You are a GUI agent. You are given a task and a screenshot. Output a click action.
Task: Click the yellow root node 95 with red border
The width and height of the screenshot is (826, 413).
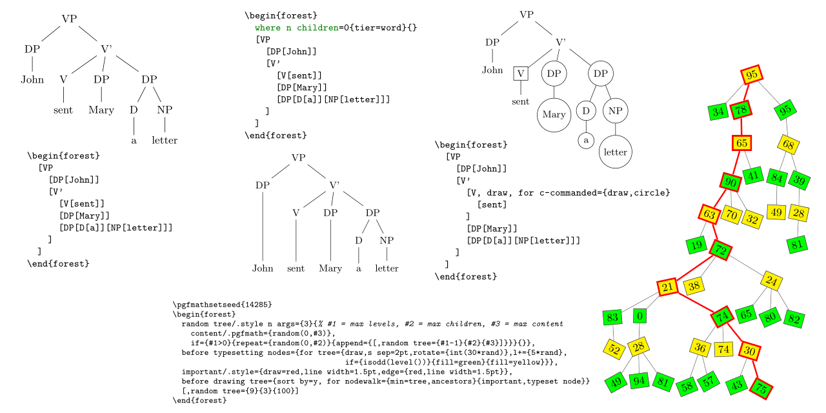[751, 75]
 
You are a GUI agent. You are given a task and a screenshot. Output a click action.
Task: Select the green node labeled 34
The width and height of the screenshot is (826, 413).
[718, 112]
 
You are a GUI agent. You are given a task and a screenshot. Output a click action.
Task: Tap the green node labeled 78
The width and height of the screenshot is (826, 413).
[741, 112]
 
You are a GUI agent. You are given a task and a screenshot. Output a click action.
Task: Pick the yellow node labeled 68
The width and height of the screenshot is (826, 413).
[788, 145]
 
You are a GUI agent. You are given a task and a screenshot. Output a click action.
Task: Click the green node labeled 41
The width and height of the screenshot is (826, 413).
[752, 175]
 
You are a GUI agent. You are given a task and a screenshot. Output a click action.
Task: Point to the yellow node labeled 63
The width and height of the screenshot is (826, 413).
[709, 214]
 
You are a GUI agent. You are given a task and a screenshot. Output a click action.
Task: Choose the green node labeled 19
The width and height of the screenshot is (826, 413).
[696, 245]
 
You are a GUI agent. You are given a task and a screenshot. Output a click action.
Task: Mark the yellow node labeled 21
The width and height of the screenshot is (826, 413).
[667, 287]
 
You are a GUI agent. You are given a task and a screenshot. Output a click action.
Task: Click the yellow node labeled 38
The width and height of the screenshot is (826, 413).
[694, 285]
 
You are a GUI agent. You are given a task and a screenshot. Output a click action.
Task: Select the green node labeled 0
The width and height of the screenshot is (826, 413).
[640, 316]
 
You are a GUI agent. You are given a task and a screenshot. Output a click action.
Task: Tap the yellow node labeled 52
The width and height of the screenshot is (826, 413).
[614, 350]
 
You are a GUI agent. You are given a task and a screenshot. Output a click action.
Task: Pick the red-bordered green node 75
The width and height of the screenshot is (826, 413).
[761, 389]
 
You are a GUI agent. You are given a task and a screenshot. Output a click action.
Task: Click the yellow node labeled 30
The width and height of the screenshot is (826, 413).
[750, 351]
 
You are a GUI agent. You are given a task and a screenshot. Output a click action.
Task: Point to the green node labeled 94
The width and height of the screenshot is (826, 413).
[639, 381]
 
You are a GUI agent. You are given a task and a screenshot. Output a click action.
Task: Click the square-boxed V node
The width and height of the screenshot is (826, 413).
[521, 73]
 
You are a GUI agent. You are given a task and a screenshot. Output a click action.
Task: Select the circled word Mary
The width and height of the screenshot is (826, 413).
[554, 115]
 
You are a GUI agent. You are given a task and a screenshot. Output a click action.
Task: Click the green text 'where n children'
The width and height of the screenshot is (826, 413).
[296, 28]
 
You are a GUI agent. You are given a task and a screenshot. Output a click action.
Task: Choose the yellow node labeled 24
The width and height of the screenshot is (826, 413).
[772, 281]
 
